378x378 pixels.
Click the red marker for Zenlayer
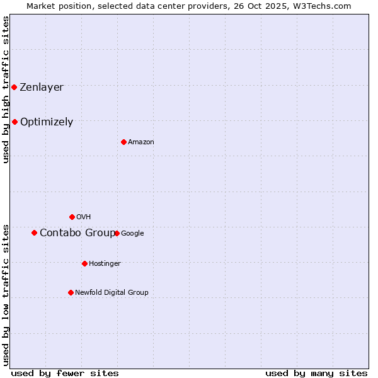click(14, 87)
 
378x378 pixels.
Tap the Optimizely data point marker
click(14, 122)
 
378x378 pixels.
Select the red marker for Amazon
click(123, 142)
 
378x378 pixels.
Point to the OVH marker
click(72, 217)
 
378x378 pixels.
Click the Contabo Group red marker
click(34, 232)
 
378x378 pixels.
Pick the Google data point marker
click(117, 233)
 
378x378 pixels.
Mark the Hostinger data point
click(84, 263)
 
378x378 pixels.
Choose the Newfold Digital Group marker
click(71, 292)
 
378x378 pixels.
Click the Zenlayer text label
click(42, 87)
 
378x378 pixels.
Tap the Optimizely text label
click(47, 122)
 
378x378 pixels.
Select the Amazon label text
click(141, 142)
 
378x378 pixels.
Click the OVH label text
click(84, 217)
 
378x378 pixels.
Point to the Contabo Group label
click(76, 232)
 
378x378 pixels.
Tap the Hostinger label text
click(105, 263)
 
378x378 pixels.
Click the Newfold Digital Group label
click(112, 292)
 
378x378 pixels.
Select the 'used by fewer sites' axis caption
click(65, 373)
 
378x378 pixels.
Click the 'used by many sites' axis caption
click(316, 373)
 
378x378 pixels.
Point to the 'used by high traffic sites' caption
click(6, 89)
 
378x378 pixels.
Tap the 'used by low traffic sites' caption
click(6, 295)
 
